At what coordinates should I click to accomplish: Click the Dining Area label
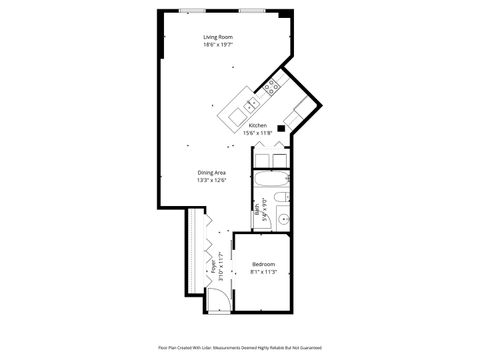point(211,173)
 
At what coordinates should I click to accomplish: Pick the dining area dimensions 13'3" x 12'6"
point(211,181)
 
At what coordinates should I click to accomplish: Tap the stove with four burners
point(271,90)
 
